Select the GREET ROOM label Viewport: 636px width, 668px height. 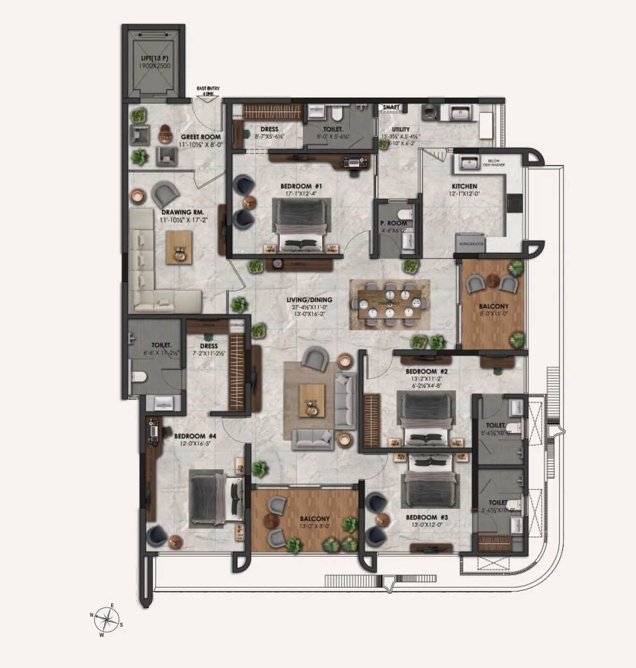201,137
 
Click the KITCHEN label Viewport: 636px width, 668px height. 464,187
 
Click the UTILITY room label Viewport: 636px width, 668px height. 401,129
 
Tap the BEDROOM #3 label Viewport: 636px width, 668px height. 426,517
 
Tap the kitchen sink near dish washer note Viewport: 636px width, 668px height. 469,162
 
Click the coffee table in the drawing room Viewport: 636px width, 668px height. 180,247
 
